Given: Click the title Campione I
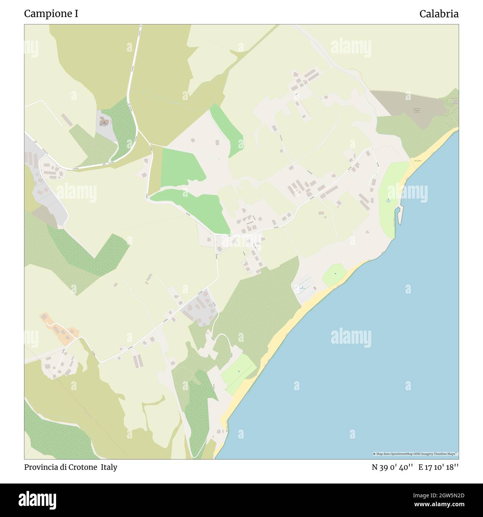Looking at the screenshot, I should point(51,14).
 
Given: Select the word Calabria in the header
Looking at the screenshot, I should point(439,14).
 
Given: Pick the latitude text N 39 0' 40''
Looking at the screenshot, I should point(392,467).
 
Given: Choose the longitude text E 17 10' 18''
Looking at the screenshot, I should point(438,467).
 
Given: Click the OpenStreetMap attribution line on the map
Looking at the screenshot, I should point(415,454).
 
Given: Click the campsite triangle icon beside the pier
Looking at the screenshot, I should point(388,200).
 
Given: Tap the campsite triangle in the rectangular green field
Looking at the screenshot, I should point(239,371).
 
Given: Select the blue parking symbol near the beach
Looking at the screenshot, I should point(302,287).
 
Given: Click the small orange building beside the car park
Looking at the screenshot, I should point(315,288).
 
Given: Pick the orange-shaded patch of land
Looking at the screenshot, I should point(59,327).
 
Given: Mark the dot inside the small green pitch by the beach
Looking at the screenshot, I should point(335,274).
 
